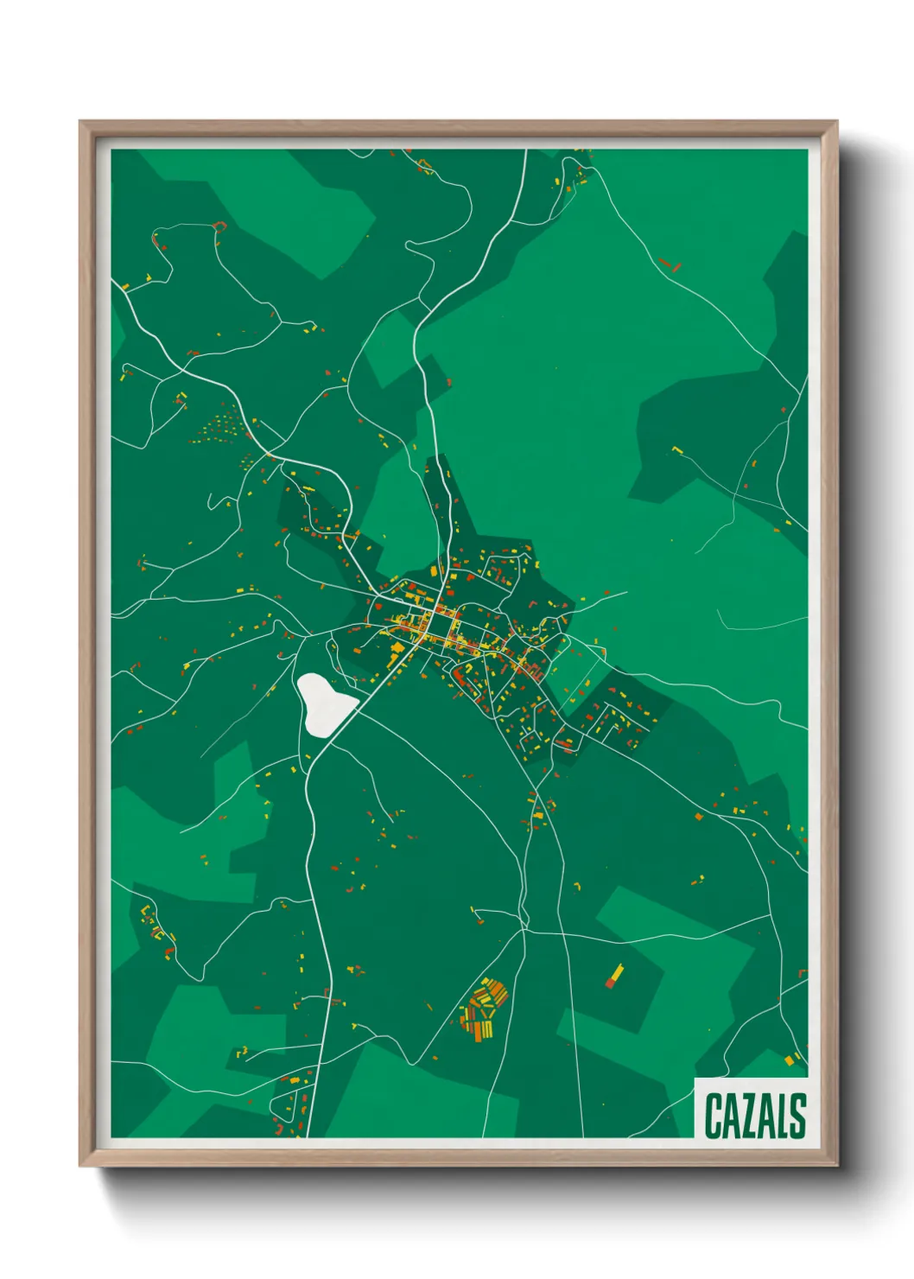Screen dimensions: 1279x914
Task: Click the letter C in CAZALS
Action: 714,1116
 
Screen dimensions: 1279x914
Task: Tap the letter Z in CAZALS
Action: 751,1116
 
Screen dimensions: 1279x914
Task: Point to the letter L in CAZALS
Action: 783,1116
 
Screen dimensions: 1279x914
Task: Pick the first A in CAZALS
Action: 733,1116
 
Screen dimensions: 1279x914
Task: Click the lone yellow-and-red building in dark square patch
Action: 614,975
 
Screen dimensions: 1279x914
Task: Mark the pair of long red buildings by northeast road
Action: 669,263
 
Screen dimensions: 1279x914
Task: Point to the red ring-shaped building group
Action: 219,226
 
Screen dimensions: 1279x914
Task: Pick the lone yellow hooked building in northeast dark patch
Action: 676,449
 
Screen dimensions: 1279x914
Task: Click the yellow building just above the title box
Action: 790,1059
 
